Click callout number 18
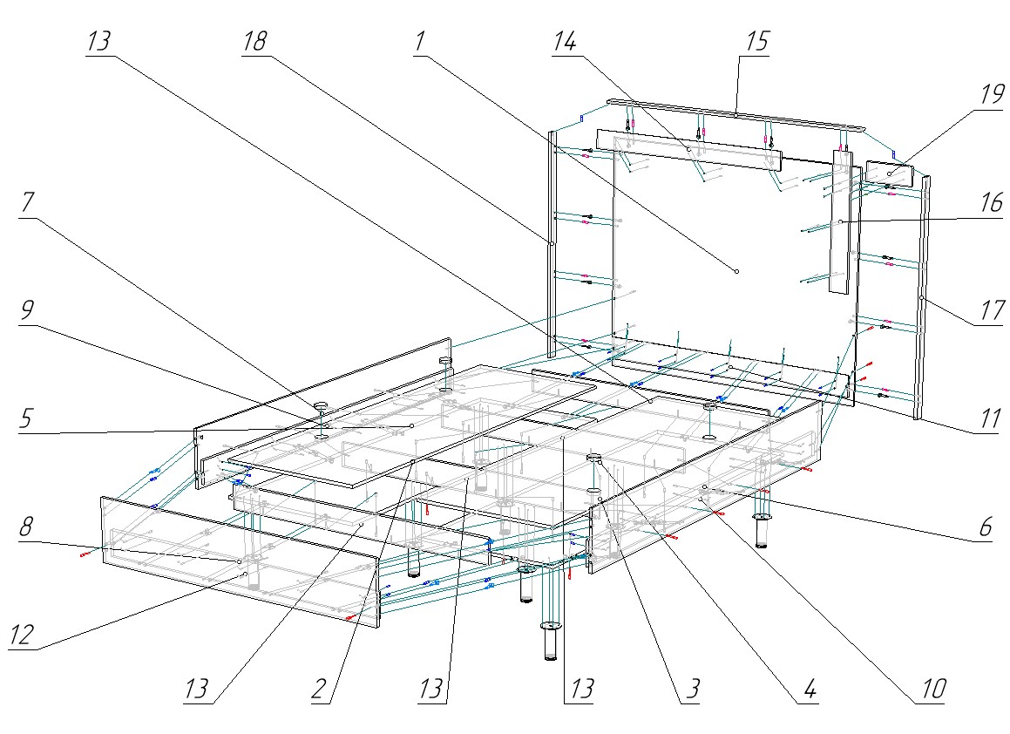coord(255,41)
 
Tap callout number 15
coord(756,42)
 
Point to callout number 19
coord(991,95)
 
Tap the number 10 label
coord(931,690)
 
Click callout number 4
coord(807,690)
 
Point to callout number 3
coord(690,690)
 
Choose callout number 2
coord(318,690)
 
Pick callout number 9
coord(25,309)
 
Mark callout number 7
coord(27,202)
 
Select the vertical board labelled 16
coord(838,227)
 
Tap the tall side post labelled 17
coord(922,296)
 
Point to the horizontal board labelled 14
coord(688,149)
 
